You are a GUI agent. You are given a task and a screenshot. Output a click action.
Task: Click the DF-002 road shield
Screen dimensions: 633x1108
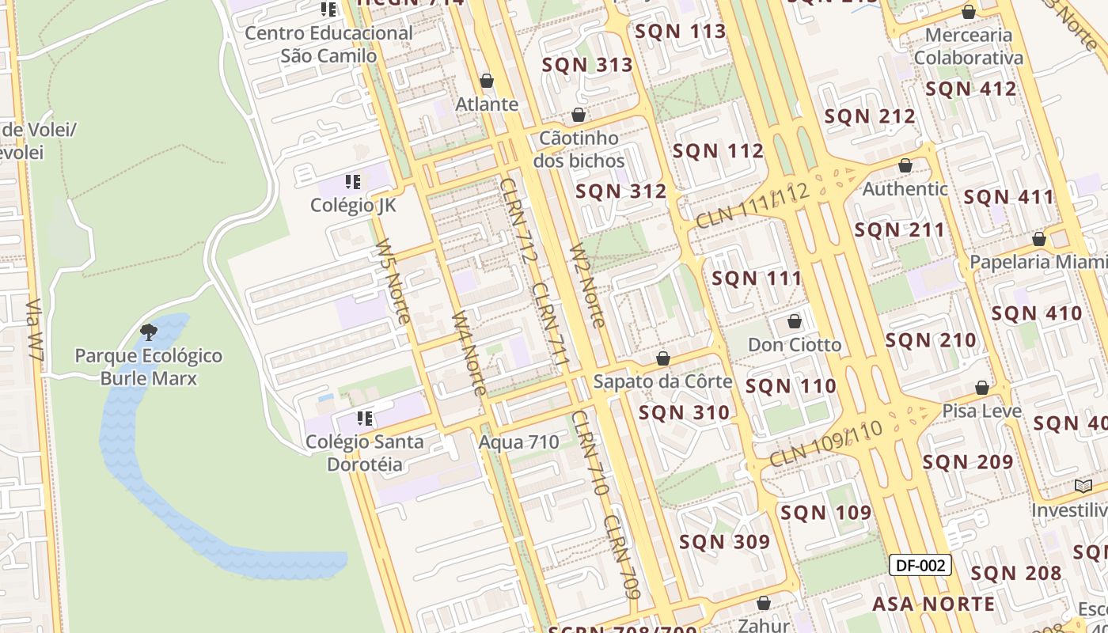(x=920, y=565)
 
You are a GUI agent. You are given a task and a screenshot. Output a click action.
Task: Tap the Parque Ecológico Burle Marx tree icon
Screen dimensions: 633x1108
(x=148, y=331)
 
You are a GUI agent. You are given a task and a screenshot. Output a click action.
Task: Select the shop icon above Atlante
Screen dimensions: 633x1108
(x=487, y=81)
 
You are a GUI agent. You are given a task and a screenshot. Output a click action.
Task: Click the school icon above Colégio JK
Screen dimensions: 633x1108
(x=353, y=182)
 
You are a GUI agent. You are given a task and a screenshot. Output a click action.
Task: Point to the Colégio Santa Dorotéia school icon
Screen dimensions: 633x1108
(x=365, y=418)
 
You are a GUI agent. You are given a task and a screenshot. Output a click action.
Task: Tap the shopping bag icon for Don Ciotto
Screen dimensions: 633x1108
(x=795, y=321)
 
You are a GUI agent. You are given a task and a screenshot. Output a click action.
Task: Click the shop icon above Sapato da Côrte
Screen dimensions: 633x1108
(x=663, y=358)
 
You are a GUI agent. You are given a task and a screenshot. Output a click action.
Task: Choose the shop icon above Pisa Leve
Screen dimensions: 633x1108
(x=982, y=388)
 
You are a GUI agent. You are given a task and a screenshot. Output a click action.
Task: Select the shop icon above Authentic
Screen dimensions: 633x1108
(x=905, y=165)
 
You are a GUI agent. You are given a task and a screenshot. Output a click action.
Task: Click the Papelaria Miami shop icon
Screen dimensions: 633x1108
(x=1039, y=238)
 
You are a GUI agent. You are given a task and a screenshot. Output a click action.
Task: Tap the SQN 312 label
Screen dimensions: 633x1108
(x=621, y=191)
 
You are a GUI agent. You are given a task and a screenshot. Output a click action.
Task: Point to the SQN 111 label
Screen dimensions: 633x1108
(x=757, y=278)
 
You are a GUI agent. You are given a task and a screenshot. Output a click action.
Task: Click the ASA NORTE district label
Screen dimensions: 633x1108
(x=934, y=604)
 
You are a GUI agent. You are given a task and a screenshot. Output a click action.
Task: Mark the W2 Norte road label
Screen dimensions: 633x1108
(x=587, y=286)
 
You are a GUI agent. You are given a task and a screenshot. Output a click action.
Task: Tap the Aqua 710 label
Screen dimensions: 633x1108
(x=519, y=442)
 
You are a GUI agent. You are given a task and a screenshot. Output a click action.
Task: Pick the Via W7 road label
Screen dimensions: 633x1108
(x=34, y=330)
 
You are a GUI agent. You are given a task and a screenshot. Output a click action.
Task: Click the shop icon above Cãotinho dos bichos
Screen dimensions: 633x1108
(x=579, y=115)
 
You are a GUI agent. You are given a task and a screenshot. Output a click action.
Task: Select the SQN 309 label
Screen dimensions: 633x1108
(x=724, y=541)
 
